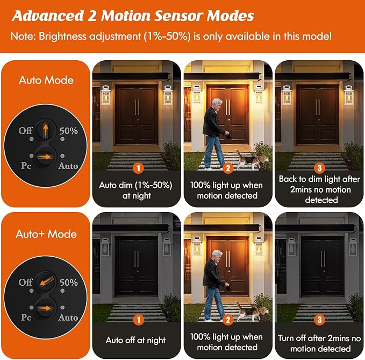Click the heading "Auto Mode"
46,80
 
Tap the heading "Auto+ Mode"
46,234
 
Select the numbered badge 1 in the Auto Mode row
138,168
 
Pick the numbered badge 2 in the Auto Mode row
228,168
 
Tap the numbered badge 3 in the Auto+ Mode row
319,320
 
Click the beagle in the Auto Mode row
252,160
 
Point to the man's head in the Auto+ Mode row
217,257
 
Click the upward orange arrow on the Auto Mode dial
45,130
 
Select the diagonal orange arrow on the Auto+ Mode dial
46,281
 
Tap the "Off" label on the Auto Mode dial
25,130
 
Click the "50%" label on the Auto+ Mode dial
68,283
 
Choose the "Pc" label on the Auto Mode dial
26,166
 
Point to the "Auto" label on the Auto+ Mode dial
68,317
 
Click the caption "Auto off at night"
135,340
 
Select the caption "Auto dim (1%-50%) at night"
136,190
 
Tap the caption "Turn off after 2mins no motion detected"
319,343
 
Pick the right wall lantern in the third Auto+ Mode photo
353,246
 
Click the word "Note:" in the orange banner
23,36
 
